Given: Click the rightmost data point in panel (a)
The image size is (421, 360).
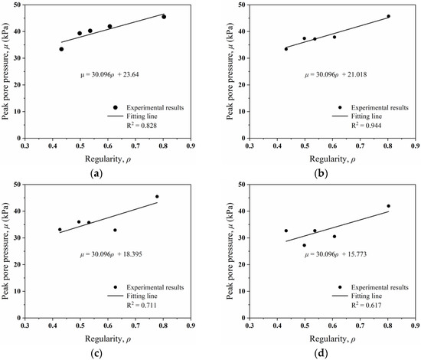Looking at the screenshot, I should pos(164,17).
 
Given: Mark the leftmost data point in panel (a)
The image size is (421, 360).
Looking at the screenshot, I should pos(61,49).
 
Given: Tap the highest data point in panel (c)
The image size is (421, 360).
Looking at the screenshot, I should pos(157,197).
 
